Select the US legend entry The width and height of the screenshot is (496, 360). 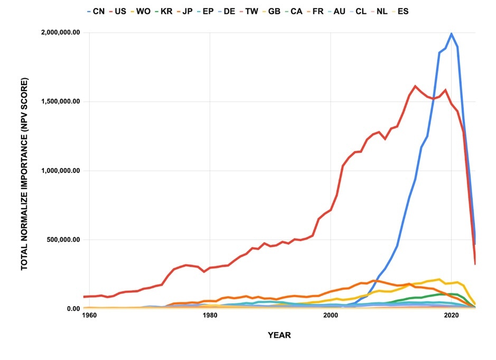(125, 11)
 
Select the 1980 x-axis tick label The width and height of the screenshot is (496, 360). (210, 316)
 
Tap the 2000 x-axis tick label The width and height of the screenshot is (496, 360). (331, 316)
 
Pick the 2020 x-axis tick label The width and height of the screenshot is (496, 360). (451, 316)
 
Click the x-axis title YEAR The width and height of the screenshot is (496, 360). (279, 335)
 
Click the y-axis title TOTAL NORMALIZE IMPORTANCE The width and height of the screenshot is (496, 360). (24, 174)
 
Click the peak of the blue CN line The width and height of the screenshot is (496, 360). (451, 33)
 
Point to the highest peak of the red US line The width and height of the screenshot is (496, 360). (415, 86)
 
